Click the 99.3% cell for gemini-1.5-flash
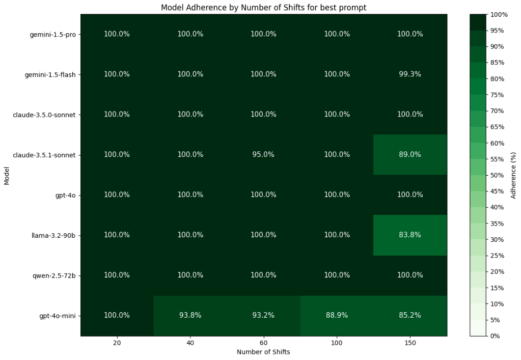(x=410, y=74)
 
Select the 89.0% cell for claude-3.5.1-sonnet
(x=410, y=155)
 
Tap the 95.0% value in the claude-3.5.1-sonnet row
(x=263, y=155)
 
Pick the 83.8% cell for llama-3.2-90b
(x=410, y=235)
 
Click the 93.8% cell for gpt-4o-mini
(x=190, y=316)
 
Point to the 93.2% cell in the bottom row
(x=263, y=316)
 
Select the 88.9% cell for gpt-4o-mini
(x=337, y=316)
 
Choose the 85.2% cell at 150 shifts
(x=410, y=316)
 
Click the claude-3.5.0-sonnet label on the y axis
(x=44, y=115)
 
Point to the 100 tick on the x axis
(x=337, y=343)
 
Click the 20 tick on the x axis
(x=117, y=343)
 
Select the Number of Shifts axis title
(x=263, y=352)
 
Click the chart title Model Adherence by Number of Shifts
(x=263, y=8)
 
